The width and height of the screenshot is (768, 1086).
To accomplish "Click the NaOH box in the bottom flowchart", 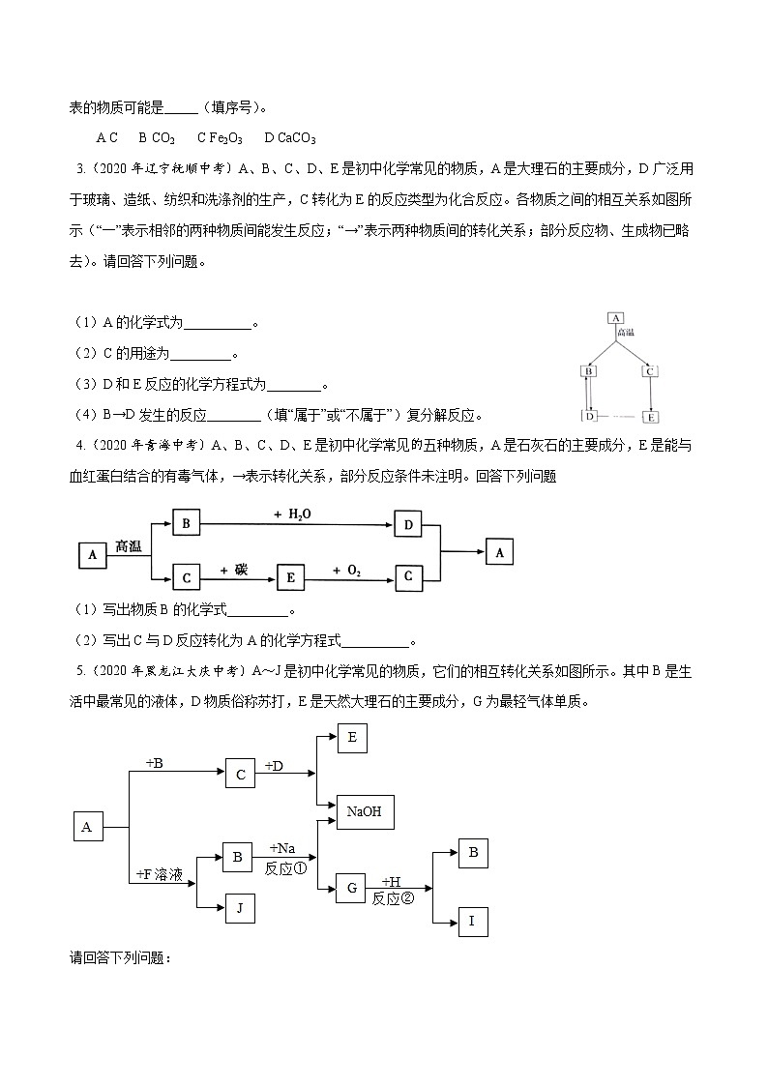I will (364, 811).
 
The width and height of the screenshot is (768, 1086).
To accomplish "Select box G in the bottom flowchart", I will (351, 888).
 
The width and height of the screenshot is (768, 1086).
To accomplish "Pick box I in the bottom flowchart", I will (472, 921).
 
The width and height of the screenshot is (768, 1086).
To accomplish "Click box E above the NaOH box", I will (351, 739).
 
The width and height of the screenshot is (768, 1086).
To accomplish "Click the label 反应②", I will (393, 898).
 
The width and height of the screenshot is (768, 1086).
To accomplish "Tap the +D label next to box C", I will (275, 765).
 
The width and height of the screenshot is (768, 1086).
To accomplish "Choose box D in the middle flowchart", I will (408, 525).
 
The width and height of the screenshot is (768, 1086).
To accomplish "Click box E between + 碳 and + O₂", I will (291, 577).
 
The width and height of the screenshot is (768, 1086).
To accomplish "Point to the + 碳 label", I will (233, 570).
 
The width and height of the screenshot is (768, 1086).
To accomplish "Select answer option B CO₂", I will (156, 138).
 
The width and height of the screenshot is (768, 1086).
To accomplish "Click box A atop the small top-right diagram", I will (616, 317).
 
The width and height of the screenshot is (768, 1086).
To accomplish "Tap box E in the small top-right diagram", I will (650, 417).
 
